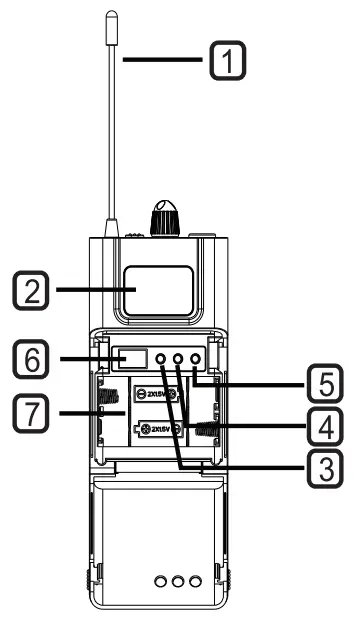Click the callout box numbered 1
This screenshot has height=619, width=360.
click(225, 64)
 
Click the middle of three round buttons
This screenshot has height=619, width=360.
click(179, 358)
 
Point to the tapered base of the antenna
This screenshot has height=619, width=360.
click(112, 228)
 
